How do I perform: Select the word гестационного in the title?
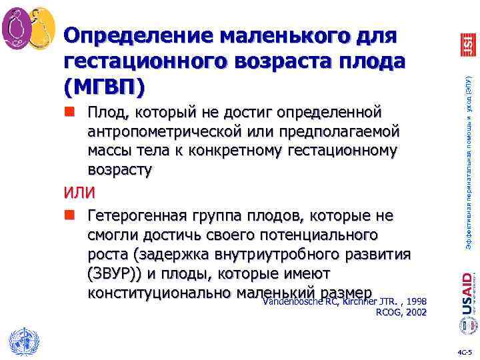coord(159,61)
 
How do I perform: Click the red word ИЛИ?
coord(79,194)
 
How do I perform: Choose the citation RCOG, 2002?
coord(402,311)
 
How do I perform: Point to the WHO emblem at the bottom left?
coord(22,341)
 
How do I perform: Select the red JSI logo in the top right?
coord(467,44)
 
